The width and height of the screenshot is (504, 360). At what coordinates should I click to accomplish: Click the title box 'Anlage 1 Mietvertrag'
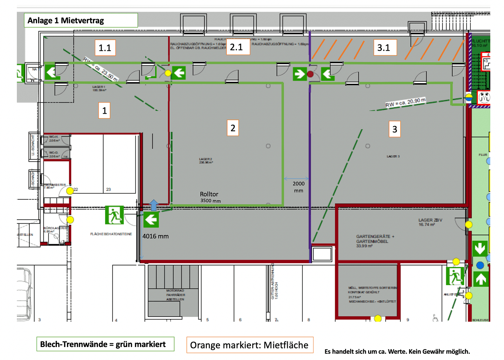(x=81, y=20)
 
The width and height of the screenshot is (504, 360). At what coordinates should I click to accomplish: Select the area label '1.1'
(x=105, y=48)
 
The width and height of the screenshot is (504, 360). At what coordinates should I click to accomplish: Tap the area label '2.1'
(x=237, y=47)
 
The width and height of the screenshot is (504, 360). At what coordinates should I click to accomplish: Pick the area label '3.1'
(x=384, y=47)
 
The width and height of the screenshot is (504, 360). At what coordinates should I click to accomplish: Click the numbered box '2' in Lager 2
(x=233, y=128)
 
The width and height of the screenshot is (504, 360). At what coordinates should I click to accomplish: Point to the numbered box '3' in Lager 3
(x=394, y=129)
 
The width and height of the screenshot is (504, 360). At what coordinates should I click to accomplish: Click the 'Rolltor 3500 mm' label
(x=210, y=197)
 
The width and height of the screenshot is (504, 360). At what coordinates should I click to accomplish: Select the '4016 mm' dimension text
(x=156, y=236)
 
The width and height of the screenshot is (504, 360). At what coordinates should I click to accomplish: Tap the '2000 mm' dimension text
(x=298, y=187)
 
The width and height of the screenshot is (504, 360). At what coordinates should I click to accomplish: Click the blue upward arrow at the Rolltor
(x=154, y=205)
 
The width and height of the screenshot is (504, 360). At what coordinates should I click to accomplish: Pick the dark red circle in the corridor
(x=310, y=74)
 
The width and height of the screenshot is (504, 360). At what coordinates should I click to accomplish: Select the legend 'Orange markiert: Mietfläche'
(x=250, y=345)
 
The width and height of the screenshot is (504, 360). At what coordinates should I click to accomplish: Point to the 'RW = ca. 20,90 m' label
(x=405, y=102)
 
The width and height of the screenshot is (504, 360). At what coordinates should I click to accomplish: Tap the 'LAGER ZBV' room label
(x=430, y=222)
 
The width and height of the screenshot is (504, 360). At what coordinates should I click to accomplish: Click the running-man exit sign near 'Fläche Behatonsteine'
(x=114, y=215)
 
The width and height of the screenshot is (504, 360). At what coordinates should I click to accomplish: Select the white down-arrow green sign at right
(x=480, y=249)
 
